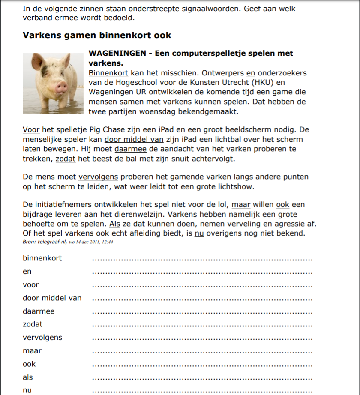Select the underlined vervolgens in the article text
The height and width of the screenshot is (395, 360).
pos(98,177)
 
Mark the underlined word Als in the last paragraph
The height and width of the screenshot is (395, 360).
pos(114,224)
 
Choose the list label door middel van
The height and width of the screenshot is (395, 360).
pos(52,298)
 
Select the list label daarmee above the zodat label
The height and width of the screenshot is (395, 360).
pos(39,311)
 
